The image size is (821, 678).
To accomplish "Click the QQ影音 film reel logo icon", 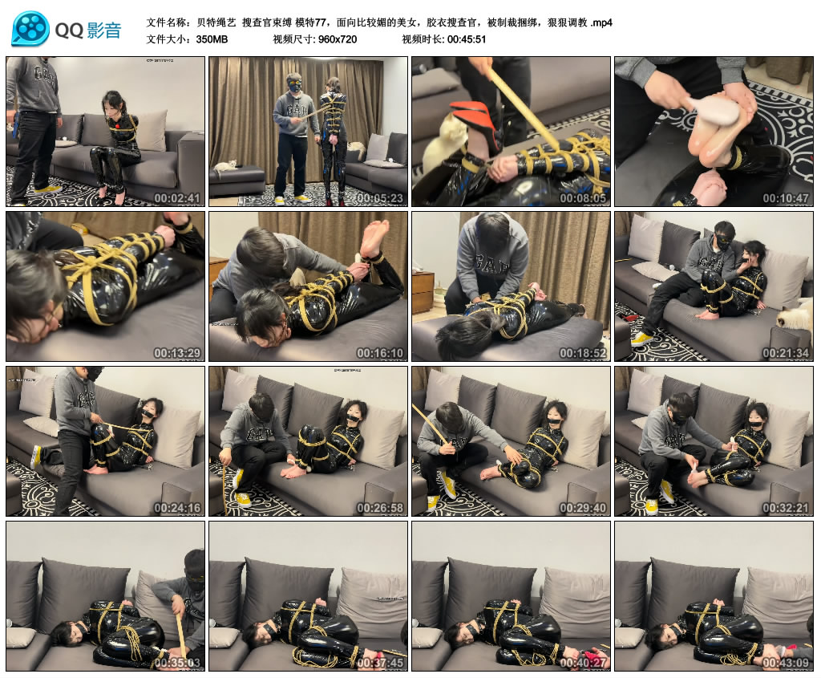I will point(30,30).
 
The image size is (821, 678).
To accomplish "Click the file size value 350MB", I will point(212,39).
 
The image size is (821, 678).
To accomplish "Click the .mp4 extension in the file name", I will point(601,22).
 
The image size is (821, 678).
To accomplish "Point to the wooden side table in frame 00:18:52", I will point(423,291).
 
